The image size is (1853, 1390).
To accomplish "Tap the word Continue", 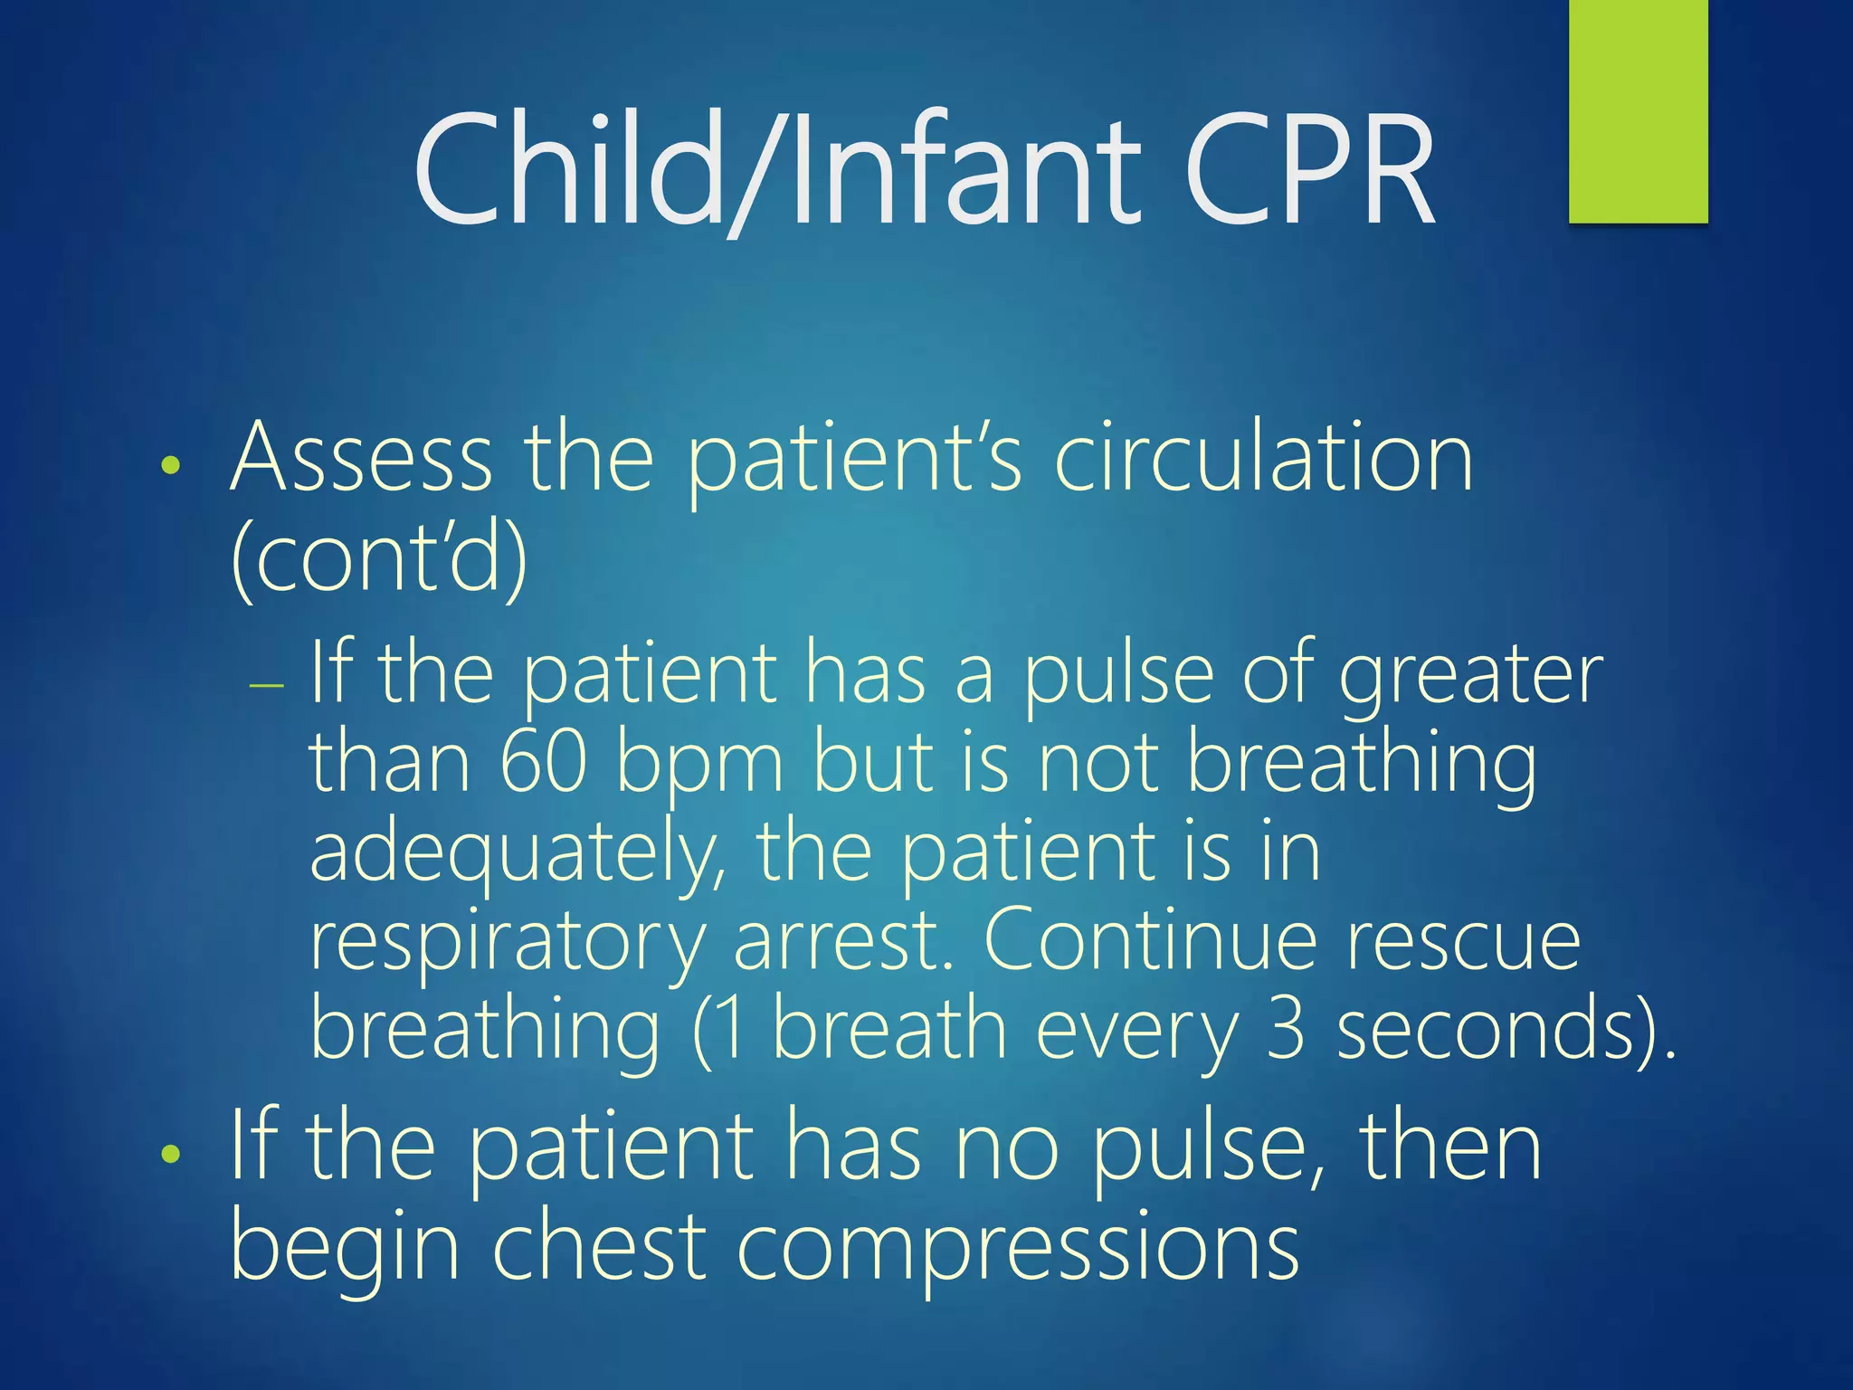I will pyautogui.click(x=1149, y=941).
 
